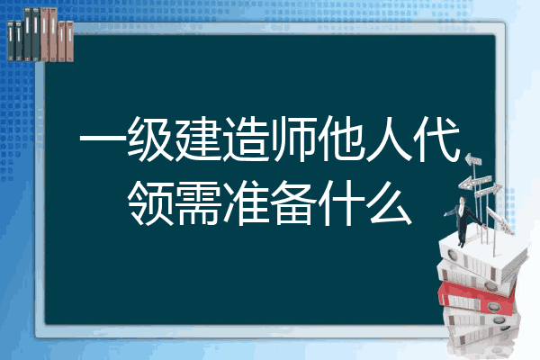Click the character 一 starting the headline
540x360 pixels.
point(103,139)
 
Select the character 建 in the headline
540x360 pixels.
point(198,139)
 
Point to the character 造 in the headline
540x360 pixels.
point(246,139)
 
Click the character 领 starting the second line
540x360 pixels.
point(150,202)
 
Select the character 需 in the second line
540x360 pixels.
point(198,202)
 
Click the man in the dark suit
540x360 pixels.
point(463,220)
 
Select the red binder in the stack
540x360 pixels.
point(477,296)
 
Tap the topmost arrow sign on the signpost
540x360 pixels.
point(473,159)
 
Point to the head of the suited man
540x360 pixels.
point(463,200)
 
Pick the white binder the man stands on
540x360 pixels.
point(482,255)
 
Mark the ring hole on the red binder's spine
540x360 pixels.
point(493,307)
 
